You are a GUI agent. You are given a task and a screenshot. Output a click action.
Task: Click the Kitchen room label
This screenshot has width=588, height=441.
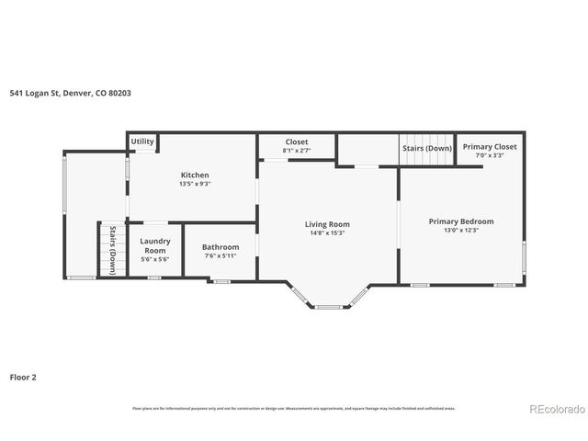[x=194, y=175]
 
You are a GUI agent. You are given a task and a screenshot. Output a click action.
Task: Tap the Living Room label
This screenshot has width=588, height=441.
[x=327, y=223]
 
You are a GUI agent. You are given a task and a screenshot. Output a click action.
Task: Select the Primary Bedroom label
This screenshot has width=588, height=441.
[x=460, y=221]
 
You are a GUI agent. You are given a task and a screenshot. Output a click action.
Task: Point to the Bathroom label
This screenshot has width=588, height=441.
[x=220, y=246]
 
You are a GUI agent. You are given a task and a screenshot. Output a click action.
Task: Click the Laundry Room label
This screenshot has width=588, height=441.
[x=154, y=245]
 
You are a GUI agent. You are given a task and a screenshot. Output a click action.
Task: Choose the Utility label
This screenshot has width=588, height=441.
[x=142, y=141]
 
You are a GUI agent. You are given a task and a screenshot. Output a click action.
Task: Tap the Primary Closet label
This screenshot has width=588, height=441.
[x=489, y=147]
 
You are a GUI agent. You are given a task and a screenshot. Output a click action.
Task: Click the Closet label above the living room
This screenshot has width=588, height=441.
[x=296, y=142]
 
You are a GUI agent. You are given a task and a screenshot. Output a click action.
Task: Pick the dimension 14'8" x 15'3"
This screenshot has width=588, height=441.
[x=327, y=232]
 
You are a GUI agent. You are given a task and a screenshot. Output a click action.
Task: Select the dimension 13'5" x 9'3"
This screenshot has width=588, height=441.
[x=194, y=184]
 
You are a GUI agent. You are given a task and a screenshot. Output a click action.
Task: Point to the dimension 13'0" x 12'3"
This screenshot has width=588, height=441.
[x=460, y=231]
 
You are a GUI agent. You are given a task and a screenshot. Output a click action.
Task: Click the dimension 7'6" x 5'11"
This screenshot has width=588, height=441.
[x=220, y=255]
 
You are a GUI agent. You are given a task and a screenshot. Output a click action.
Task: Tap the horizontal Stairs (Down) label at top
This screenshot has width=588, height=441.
[x=425, y=147]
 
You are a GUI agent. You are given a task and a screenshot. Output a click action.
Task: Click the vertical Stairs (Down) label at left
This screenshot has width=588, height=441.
[x=112, y=250]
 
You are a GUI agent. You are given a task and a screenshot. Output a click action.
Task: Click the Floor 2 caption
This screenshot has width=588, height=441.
[x=23, y=377]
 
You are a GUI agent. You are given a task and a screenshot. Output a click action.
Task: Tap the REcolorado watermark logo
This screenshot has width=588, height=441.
[x=554, y=409]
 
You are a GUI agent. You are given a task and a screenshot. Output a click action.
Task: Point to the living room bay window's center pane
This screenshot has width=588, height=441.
[x=328, y=307]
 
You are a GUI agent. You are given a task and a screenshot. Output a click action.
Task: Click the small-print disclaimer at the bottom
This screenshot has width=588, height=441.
[x=293, y=408]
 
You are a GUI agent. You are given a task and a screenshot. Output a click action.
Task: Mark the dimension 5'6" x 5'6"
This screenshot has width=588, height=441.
[x=154, y=260]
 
